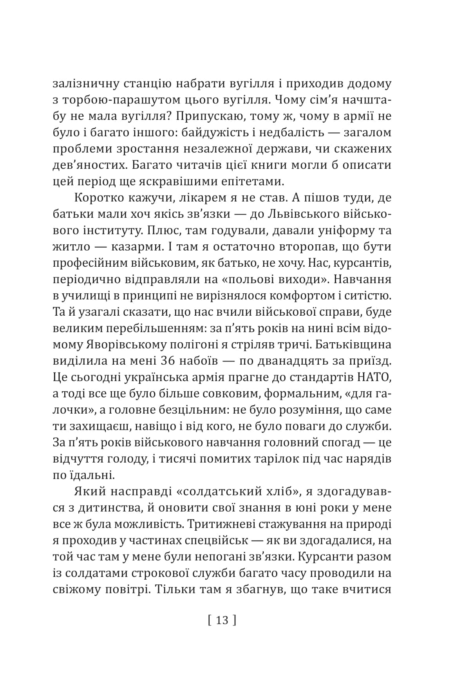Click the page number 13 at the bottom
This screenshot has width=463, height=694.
222,620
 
